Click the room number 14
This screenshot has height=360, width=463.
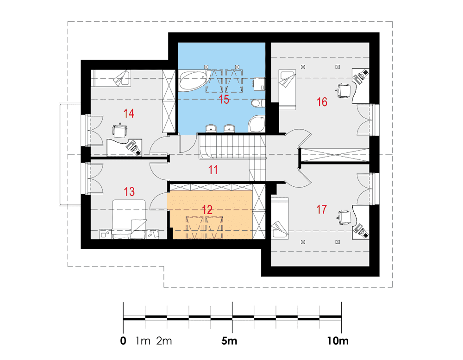[x=129, y=114]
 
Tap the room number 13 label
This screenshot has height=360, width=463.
[x=129, y=191]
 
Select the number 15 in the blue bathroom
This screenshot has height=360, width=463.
[x=224, y=100]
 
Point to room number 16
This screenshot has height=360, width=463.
[x=322, y=102]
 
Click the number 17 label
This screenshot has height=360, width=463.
[x=322, y=209]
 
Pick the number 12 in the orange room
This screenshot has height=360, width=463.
[x=207, y=210]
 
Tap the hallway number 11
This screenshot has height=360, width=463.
[x=213, y=170]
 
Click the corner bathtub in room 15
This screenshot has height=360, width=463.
[x=194, y=81]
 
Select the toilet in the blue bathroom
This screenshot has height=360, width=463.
[x=258, y=103]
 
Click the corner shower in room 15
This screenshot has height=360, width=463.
[x=257, y=124]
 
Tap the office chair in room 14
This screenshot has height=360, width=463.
[x=120, y=130]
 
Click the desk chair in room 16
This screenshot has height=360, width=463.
[x=344, y=90]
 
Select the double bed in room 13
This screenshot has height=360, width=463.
[x=129, y=219]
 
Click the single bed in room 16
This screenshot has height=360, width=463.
[x=288, y=89]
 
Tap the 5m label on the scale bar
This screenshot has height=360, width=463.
[x=229, y=341]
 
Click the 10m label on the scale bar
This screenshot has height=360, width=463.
[x=338, y=341]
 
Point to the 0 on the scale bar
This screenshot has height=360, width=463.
[x=123, y=341]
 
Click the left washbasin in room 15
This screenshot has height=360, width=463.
[x=211, y=128]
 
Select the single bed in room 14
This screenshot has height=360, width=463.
[x=111, y=78]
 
